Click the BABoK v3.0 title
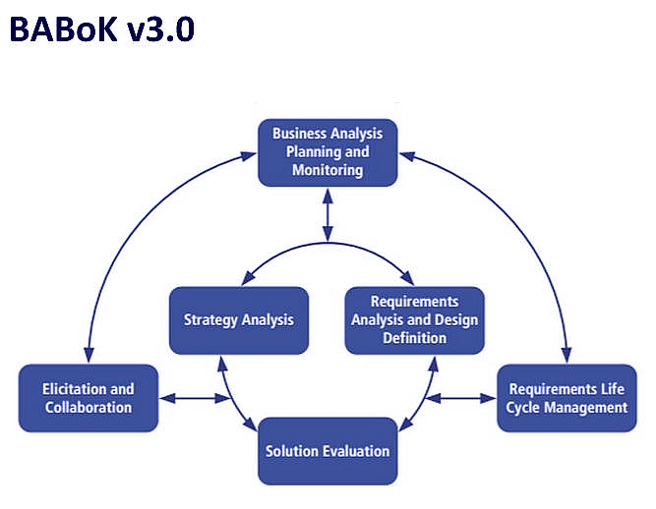101,29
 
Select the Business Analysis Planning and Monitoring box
328,152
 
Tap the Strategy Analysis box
239,320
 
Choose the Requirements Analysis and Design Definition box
415,320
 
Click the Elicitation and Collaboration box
89,398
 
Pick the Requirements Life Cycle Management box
567,398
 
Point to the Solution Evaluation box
328,451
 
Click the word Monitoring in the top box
328,170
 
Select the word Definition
415,338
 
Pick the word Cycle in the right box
522,408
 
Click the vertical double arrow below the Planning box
328,215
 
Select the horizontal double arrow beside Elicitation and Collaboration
195,398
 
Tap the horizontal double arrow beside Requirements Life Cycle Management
460,398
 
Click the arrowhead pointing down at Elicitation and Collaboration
89,355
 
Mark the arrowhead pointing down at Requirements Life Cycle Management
567,355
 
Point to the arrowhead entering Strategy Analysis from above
248,278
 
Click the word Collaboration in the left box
89,408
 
